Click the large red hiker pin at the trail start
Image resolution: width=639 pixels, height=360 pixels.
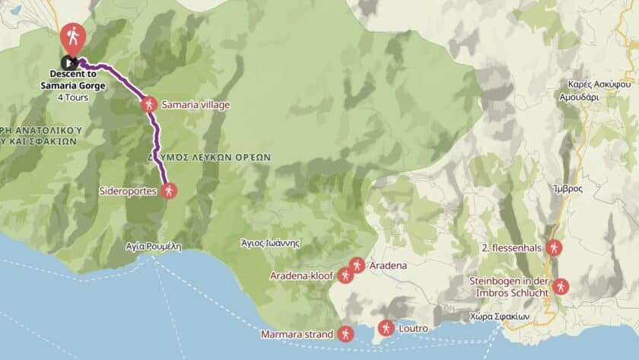[x=73, y=36]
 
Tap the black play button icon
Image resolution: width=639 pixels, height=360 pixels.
[x=69, y=62]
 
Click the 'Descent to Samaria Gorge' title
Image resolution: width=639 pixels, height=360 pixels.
[x=78, y=80]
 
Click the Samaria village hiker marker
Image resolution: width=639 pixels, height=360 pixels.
[x=149, y=104]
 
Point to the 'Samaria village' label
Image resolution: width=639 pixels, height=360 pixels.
[x=196, y=104]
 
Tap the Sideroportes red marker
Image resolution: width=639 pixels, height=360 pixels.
[x=170, y=191]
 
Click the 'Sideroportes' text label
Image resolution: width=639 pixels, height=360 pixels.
[x=129, y=191]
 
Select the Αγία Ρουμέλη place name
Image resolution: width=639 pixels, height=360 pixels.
[x=154, y=246]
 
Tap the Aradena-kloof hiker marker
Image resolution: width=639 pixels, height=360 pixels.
[x=346, y=275]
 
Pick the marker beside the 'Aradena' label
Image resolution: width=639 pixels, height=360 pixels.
[x=358, y=266]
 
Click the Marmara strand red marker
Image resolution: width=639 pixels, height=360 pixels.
[x=346, y=333]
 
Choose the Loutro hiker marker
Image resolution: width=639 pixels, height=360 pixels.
[x=386, y=328]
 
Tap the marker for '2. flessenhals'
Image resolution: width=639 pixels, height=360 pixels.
[x=555, y=247]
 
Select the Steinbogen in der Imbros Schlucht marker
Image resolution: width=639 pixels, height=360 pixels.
[x=561, y=286]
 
